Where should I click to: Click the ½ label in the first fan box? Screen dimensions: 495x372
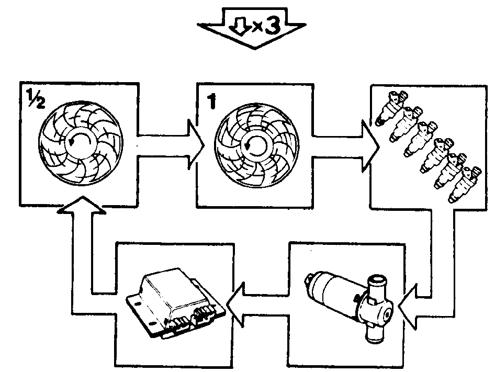point(36,99)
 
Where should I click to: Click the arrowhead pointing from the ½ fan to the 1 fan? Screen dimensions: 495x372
point(196,145)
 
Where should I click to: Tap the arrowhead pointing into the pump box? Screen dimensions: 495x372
point(408,306)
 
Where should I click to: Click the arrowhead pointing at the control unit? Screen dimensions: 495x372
point(235,305)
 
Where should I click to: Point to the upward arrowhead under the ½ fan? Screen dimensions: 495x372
point(82,205)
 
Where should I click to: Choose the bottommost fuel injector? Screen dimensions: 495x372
point(465,185)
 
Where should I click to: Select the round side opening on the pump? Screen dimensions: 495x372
point(386,315)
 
